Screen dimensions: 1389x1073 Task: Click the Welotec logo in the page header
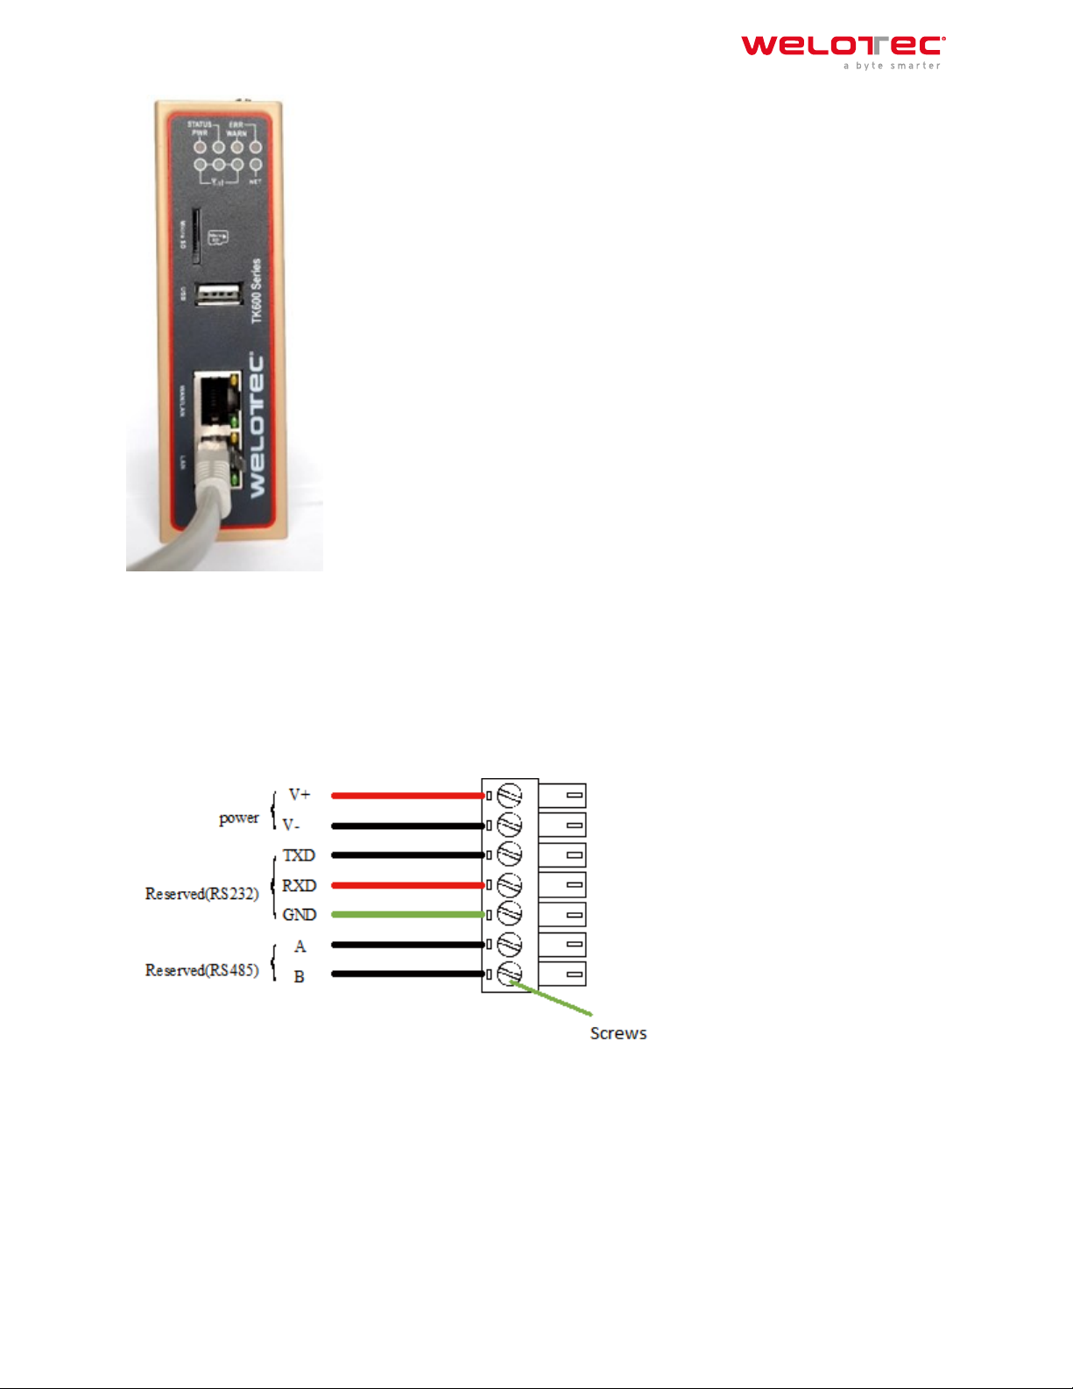pos(843,51)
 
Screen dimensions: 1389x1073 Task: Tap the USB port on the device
pos(218,295)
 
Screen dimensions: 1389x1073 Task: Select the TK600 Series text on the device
pos(257,291)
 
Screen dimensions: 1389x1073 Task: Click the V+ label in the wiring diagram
pos(300,795)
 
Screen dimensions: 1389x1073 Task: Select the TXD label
pos(299,855)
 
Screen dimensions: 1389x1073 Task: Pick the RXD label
pos(299,886)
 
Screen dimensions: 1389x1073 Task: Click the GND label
pos(299,915)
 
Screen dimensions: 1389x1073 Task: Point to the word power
pos(238,818)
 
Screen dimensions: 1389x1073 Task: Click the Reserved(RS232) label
pos(201,894)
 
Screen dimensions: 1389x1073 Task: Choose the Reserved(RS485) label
pos(201,970)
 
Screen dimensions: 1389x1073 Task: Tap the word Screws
pos(618,1033)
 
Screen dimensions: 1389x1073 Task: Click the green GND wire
pos(407,915)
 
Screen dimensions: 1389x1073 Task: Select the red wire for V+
pos(407,796)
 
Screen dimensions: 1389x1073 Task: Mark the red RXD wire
pos(407,886)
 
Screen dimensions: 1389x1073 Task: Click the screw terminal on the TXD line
pos(509,854)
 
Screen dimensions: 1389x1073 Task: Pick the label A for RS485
pos(300,946)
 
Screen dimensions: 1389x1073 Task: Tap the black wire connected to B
pos(407,974)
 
